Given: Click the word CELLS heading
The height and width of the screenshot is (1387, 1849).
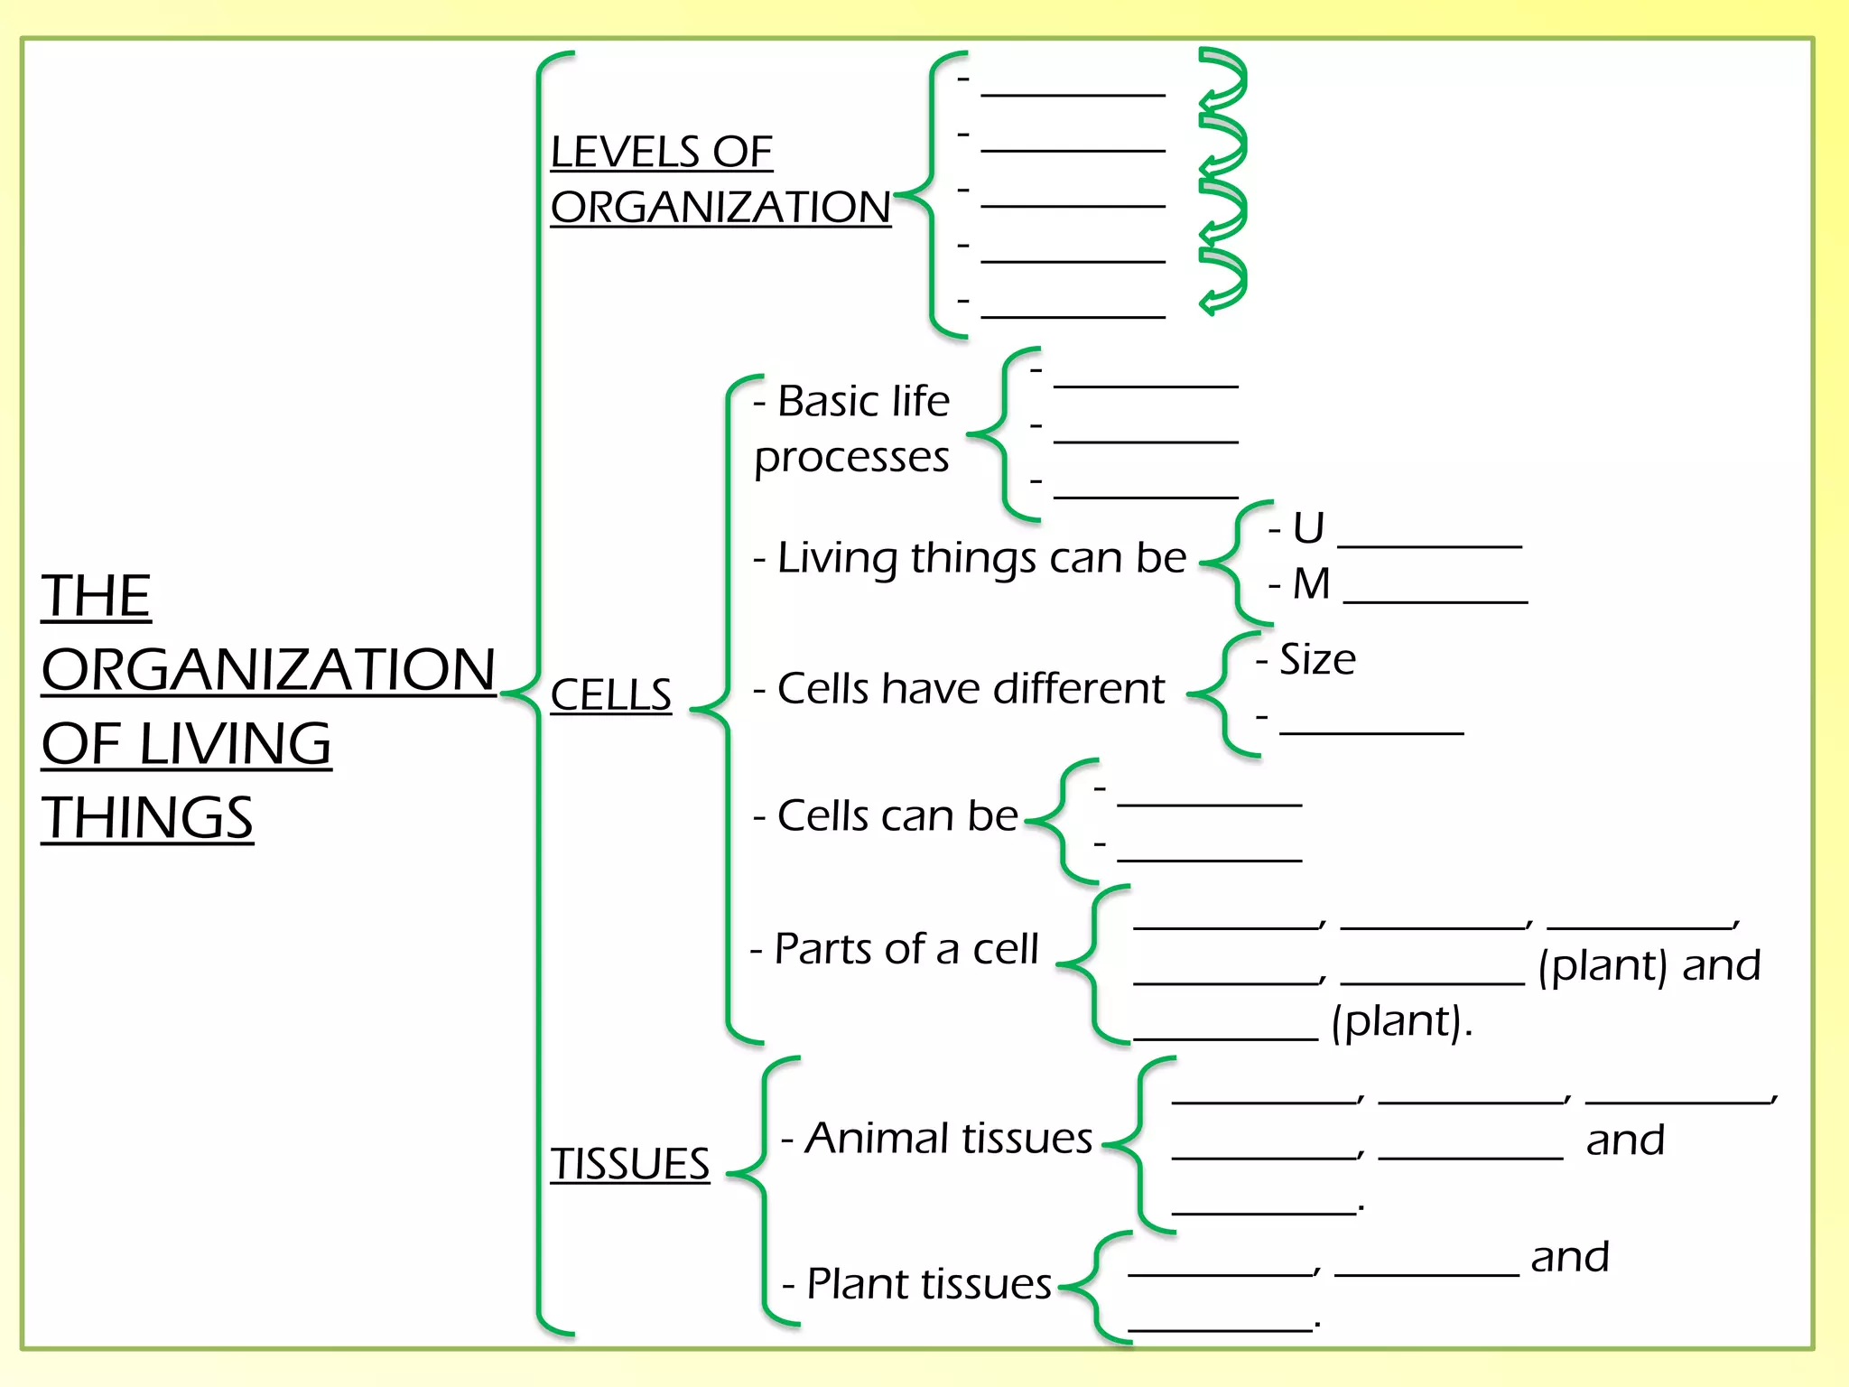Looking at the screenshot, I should point(610,695).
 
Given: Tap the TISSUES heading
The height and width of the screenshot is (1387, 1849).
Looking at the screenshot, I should point(629,1164).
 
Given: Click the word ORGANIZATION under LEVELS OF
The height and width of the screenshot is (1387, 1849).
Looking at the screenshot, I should point(720,208).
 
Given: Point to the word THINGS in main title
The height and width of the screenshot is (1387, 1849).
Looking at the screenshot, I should point(147,818).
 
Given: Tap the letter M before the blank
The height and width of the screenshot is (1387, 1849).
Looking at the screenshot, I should point(1311,584).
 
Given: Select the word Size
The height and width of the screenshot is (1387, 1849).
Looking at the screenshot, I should point(1317,660).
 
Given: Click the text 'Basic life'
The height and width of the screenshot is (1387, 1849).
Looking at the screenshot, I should point(862,401).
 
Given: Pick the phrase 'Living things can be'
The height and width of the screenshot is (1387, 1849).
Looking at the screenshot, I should point(980,558).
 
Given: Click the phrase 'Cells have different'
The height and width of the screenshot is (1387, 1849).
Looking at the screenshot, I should point(971,689).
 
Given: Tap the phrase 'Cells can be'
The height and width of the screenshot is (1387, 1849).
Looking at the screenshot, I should point(897,816).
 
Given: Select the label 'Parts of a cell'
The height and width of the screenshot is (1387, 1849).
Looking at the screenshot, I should point(906,949).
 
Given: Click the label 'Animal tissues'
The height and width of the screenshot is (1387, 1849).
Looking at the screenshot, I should point(948,1139).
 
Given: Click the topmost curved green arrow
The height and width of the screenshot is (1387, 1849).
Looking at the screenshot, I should point(1224,76).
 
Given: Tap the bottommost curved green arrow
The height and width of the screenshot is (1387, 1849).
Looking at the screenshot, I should point(1224,281).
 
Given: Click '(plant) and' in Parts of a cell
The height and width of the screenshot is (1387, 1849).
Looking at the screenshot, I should point(1649,966).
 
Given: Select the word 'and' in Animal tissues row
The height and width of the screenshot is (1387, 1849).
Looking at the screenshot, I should point(1625,1140).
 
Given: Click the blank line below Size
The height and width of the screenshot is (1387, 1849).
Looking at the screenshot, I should point(1370,731).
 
